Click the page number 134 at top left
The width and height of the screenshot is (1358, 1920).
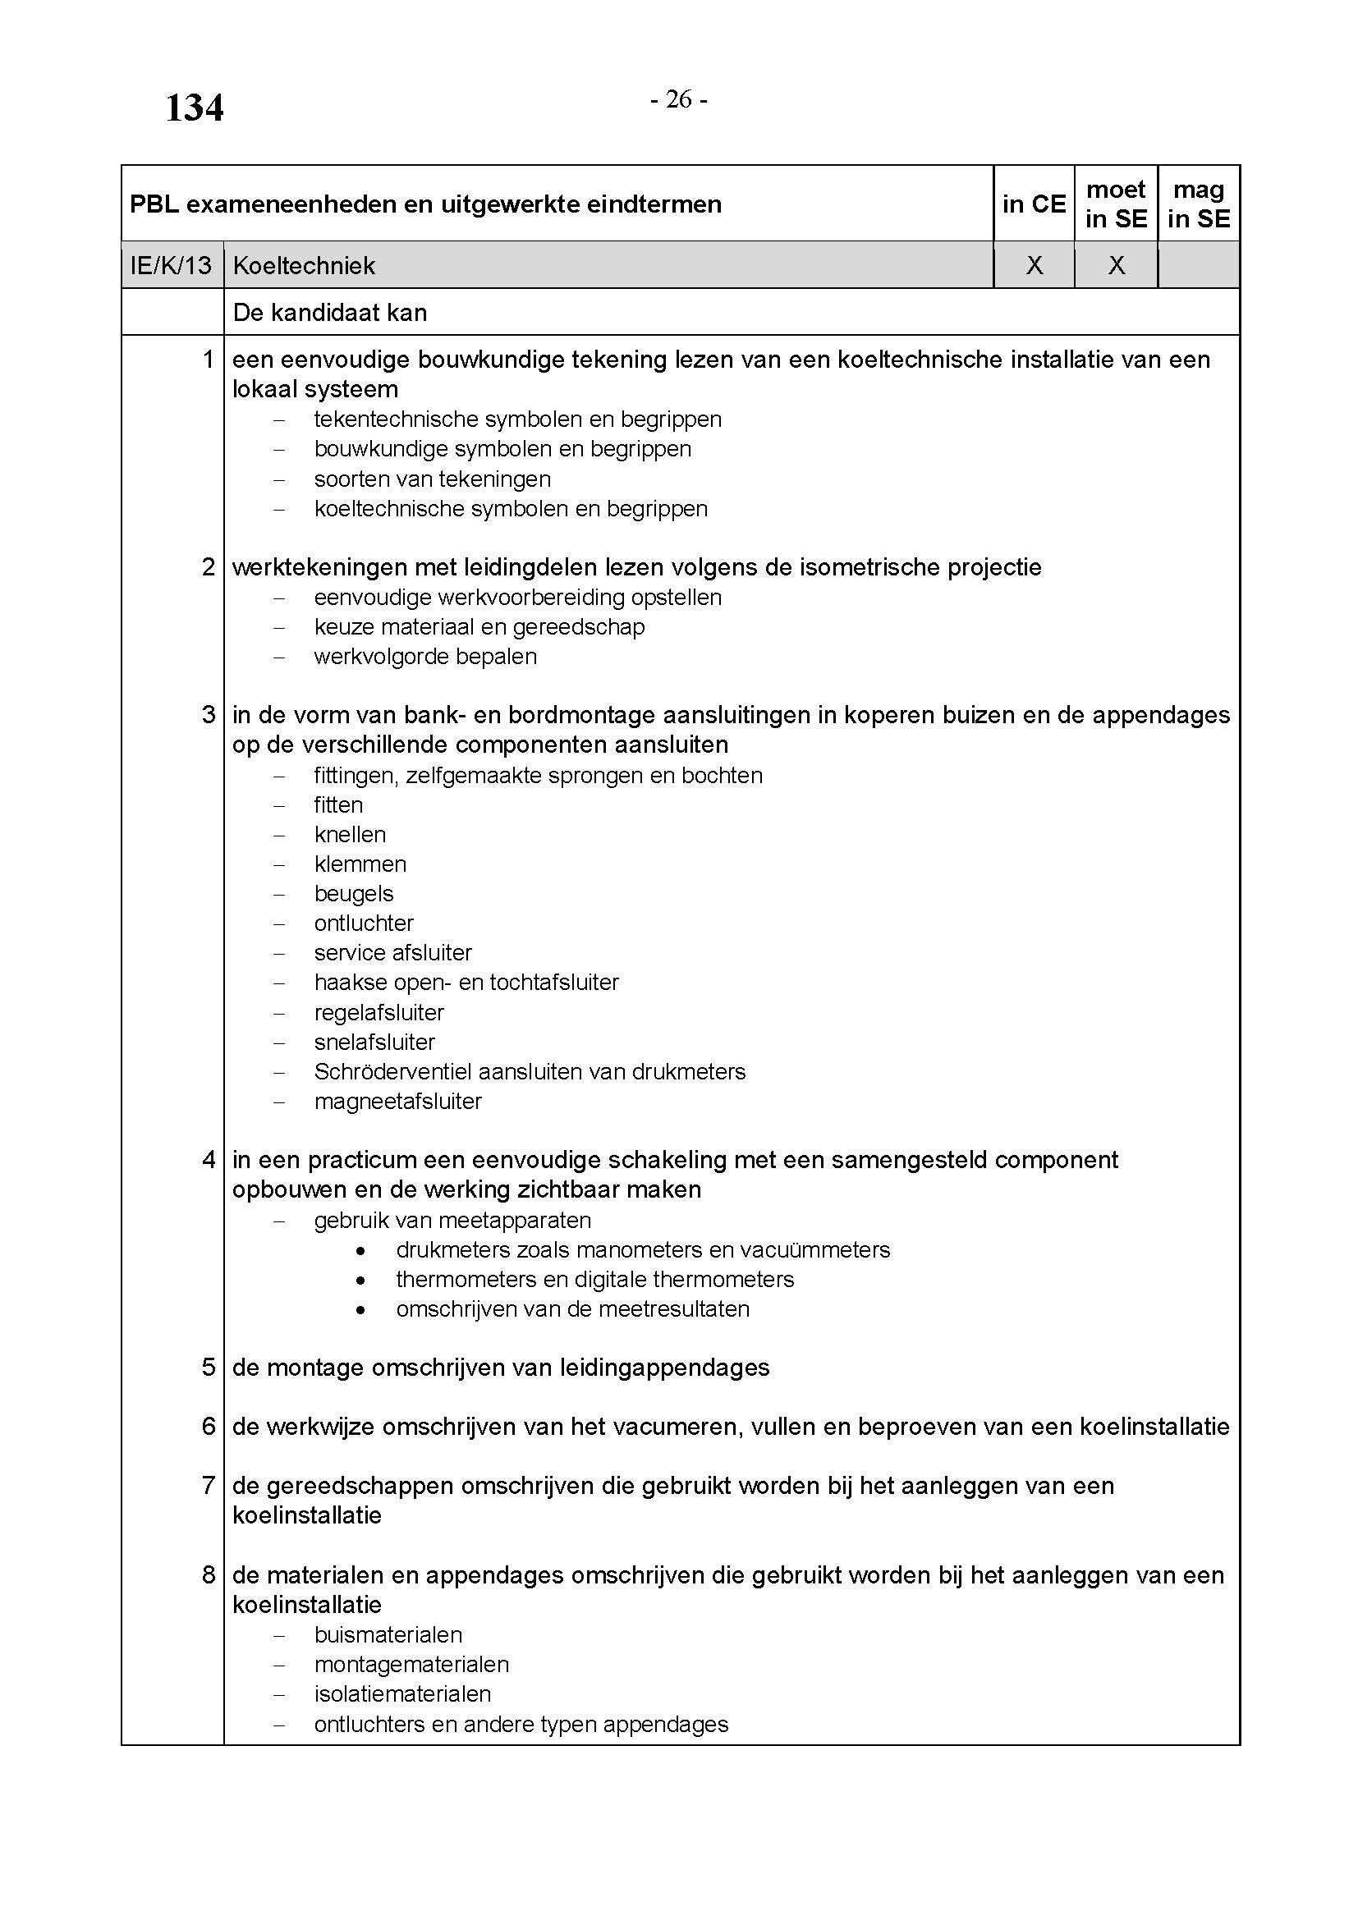click(194, 108)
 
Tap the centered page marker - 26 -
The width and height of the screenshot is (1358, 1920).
click(678, 99)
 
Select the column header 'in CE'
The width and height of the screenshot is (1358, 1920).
click(1034, 204)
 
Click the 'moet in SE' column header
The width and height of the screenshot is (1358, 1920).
click(1116, 204)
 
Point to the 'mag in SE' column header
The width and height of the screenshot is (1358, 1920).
click(1198, 204)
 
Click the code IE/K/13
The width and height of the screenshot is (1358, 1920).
click(172, 266)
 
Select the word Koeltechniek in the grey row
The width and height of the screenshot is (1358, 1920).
click(304, 266)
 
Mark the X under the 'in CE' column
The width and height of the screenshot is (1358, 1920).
click(1035, 266)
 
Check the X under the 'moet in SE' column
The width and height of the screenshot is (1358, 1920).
click(1117, 266)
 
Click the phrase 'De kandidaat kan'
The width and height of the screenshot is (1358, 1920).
click(329, 313)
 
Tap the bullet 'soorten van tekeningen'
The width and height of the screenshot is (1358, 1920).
click(433, 479)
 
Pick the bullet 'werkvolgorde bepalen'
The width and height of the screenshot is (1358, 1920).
click(424, 657)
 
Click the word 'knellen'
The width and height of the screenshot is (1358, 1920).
click(350, 835)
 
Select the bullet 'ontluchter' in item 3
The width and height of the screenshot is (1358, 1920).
click(364, 923)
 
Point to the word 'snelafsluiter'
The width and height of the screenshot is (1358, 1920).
click(374, 1042)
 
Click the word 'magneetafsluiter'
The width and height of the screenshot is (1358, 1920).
click(397, 1102)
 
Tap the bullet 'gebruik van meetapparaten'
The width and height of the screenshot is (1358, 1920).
click(452, 1220)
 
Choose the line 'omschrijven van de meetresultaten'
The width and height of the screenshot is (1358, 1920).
click(572, 1308)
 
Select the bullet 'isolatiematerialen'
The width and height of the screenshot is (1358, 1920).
click(402, 1693)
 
